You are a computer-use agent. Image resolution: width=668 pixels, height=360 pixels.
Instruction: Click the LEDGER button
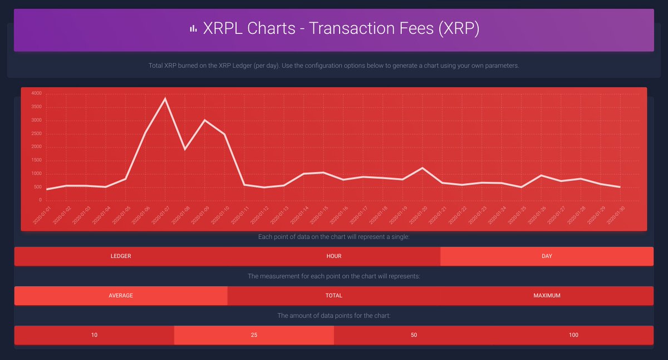121,257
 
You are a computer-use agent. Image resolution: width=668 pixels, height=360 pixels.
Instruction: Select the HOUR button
334,257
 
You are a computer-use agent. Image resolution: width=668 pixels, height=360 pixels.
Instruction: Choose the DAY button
547,257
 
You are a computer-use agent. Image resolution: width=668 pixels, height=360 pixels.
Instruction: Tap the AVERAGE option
121,296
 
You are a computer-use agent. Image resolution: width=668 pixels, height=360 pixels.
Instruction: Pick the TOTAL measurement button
334,296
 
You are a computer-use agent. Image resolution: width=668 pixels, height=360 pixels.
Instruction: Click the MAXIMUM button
547,296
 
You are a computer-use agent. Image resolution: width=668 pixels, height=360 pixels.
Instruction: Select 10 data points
94,335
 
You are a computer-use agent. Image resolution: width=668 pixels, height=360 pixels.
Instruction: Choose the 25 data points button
254,335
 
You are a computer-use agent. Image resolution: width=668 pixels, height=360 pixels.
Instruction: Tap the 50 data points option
414,335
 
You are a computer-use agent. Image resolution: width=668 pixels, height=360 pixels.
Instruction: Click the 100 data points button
573,335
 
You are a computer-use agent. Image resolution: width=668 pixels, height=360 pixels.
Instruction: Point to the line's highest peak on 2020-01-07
165,98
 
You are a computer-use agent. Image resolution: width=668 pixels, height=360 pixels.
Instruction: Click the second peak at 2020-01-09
205,120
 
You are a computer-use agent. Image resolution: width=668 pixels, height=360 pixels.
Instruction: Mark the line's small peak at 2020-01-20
422,167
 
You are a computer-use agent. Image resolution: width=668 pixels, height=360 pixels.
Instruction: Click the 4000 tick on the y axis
36,93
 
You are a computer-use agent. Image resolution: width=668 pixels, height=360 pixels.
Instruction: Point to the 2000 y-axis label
36,147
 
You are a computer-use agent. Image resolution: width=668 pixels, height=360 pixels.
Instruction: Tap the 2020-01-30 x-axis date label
613,214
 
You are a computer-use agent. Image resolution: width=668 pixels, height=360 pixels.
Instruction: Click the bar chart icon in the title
193,29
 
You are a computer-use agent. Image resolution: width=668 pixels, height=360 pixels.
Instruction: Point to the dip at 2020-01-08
185,149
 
